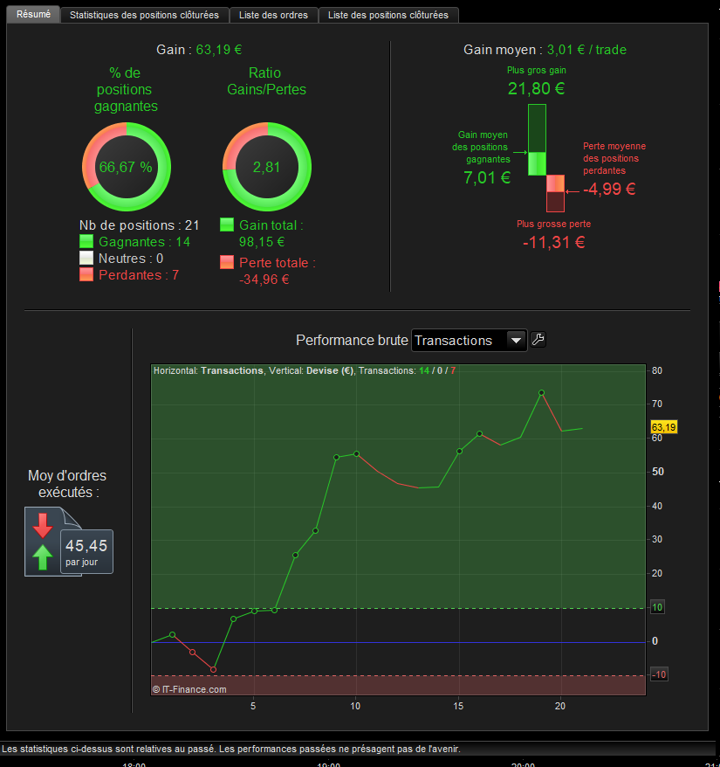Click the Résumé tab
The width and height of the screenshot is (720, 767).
[x=34, y=15]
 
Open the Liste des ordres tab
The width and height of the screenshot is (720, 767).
[x=273, y=15]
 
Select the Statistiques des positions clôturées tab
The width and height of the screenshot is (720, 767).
[x=144, y=15]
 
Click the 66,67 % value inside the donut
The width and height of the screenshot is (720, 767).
[x=126, y=167]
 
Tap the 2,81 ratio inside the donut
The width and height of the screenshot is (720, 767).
[x=266, y=167]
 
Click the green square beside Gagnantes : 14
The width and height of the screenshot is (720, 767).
[x=86, y=242]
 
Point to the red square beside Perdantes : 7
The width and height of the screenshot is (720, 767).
[x=86, y=274]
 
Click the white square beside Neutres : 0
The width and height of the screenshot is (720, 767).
[x=86, y=258]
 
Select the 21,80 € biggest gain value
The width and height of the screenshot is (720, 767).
[x=536, y=88]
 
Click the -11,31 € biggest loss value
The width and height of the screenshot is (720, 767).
[x=553, y=242]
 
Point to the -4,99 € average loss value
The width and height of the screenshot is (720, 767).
[x=609, y=189]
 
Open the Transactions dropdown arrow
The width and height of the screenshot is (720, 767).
[x=516, y=340]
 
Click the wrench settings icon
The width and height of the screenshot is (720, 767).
[x=538, y=340]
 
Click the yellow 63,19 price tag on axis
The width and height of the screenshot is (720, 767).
[x=663, y=427]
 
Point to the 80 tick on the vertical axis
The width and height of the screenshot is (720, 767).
[x=657, y=370]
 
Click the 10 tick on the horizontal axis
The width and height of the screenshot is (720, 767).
[x=355, y=707]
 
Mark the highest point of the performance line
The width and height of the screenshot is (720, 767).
[x=541, y=392]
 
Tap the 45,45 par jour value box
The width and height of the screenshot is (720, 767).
[x=86, y=550]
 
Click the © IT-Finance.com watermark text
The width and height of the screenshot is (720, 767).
[x=189, y=689]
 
